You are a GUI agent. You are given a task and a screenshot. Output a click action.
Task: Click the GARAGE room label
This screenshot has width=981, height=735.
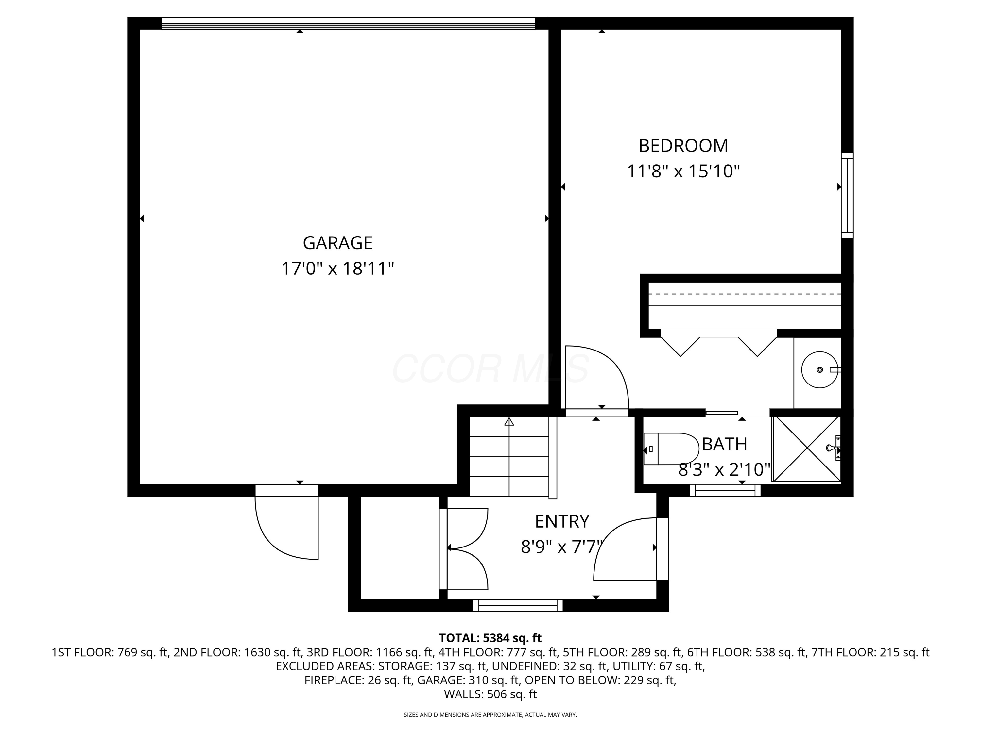pyautogui.click(x=337, y=243)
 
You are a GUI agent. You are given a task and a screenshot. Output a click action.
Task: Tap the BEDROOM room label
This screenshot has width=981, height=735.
pyautogui.click(x=683, y=146)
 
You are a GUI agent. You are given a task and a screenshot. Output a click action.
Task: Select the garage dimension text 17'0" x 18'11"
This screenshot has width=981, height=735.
pyautogui.click(x=337, y=269)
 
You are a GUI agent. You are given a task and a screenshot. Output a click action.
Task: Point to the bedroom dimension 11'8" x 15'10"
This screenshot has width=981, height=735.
pyautogui.click(x=683, y=171)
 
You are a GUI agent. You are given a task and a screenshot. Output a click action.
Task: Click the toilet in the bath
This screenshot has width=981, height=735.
pyautogui.click(x=671, y=449)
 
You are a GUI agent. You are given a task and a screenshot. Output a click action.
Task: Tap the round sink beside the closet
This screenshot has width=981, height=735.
pyautogui.click(x=819, y=369)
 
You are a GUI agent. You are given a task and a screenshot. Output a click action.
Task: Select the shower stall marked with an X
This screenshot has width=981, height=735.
pyautogui.click(x=806, y=449)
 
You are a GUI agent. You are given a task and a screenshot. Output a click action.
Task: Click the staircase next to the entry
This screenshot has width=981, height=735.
pyautogui.click(x=509, y=456)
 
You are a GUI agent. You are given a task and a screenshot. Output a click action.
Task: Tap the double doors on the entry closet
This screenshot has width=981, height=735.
pyautogui.click(x=466, y=548)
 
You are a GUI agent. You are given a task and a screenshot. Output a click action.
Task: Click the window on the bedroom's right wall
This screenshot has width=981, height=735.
pyautogui.click(x=847, y=195)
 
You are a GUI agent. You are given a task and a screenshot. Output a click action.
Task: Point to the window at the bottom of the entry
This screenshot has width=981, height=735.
pyautogui.click(x=518, y=605)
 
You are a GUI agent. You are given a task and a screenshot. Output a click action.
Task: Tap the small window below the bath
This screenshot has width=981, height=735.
pyautogui.click(x=725, y=490)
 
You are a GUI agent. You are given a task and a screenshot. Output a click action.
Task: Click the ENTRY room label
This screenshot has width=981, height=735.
pyautogui.click(x=562, y=521)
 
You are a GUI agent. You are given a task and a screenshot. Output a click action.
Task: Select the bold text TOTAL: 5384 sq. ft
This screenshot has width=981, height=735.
pyautogui.click(x=490, y=638)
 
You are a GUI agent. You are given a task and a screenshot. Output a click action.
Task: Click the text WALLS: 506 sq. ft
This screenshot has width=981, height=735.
pyautogui.click(x=490, y=694)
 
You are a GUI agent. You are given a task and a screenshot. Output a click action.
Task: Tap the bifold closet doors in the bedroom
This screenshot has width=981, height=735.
pyautogui.click(x=718, y=343)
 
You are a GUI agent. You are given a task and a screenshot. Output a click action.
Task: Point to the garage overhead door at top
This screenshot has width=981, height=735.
pyautogui.click(x=348, y=24)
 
